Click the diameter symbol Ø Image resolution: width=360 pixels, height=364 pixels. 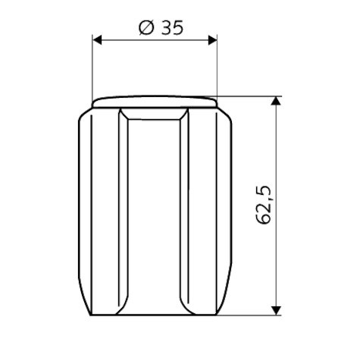coord(146,28)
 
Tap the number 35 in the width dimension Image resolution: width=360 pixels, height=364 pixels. coord(172,28)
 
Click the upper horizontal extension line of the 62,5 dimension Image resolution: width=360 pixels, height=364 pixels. coord(250,96)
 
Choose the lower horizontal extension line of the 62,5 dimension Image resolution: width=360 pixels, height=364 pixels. coord(250,315)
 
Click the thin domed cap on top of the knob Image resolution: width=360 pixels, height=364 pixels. coord(155,100)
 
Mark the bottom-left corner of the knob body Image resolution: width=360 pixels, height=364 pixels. coord(91,314)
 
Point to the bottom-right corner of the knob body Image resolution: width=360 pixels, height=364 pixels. coord(219,314)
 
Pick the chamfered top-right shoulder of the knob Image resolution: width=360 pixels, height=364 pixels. coord(227,115)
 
